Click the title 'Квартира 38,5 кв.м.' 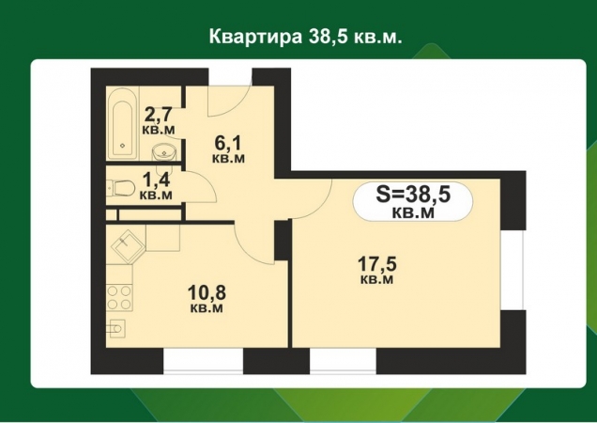298,37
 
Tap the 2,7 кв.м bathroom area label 158,121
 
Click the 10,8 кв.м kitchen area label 206,298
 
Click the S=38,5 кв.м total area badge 413,201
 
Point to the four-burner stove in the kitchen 119,297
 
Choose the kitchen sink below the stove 117,328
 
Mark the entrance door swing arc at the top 230,99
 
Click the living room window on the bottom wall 344,360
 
